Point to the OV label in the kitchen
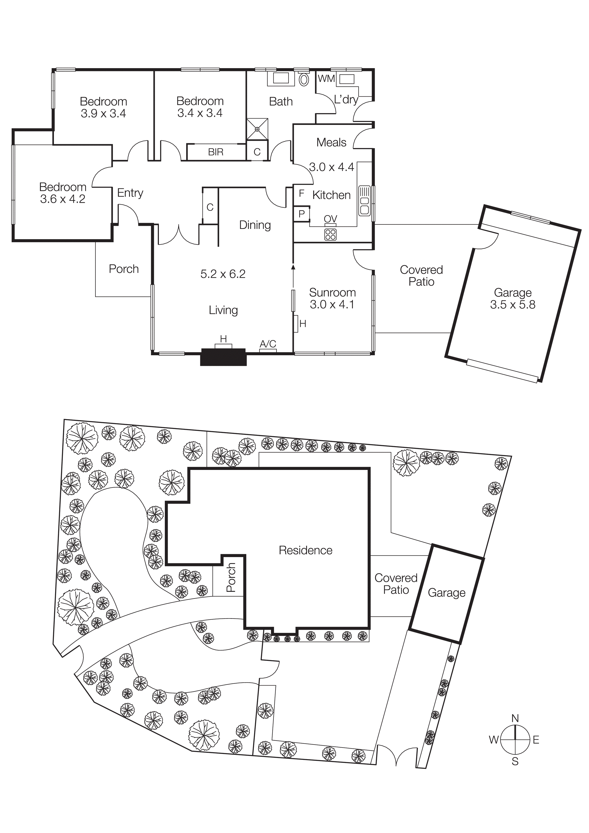pyautogui.click(x=330, y=219)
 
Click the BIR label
pyautogui.click(x=216, y=152)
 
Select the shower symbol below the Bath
pyautogui.click(x=257, y=129)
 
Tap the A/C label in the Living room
pyautogui.click(x=268, y=344)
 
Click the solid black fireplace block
pyautogui.click(x=223, y=357)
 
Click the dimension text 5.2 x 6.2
pyautogui.click(x=223, y=274)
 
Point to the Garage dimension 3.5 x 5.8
pyautogui.click(x=513, y=305)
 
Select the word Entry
pyautogui.click(x=130, y=193)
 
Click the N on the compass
pyautogui.click(x=515, y=718)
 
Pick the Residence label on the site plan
pyautogui.click(x=305, y=550)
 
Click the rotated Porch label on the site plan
pyautogui.click(x=231, y=577)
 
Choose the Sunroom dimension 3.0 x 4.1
pyautogui.click(x=332, y=305)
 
